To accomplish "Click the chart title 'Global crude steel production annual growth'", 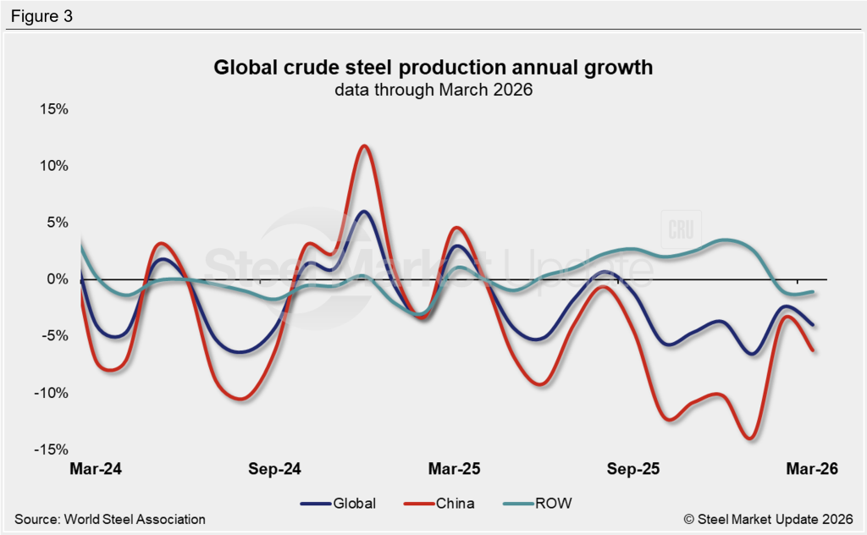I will coord(433,67).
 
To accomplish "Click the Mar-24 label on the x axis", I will coord(95,469).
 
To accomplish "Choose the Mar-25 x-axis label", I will coord(455,469).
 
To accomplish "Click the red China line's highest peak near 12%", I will coord(364,146).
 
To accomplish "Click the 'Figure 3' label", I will coord(41,16).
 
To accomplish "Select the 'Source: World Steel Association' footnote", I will coord(110,519).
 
